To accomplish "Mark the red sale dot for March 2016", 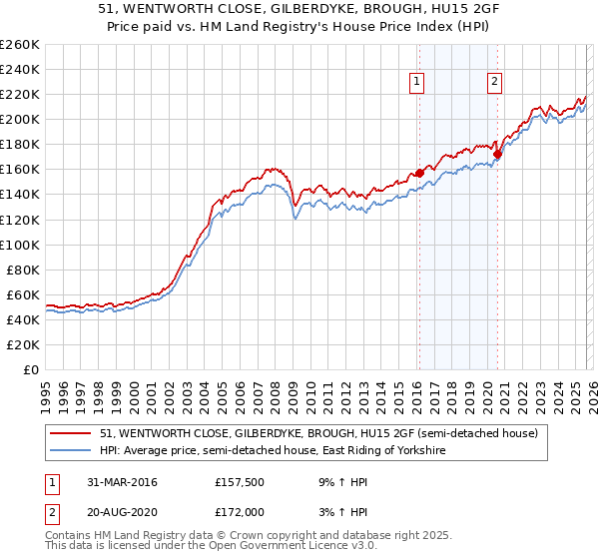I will coord(419,173).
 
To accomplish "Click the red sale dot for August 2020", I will coord(496,154).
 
